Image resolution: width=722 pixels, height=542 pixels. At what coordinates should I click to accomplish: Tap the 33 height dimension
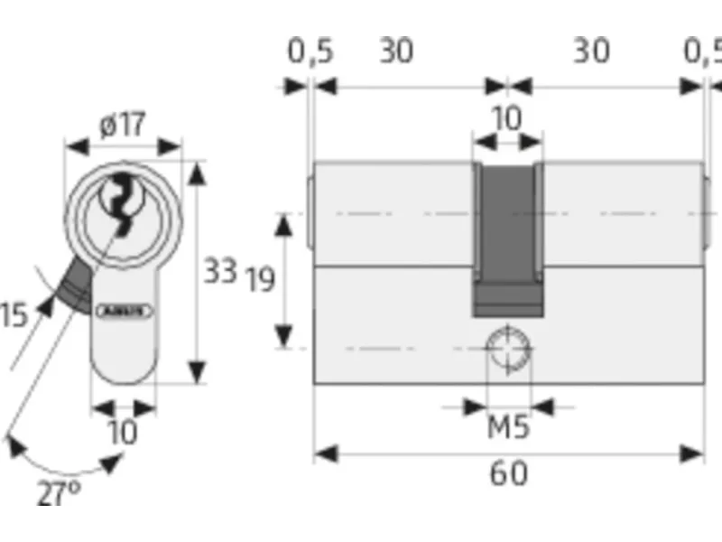pyautogui.click(x=219, y=270)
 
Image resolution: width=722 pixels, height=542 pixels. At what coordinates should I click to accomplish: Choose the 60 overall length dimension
pyautogui.click(x=508, y=472)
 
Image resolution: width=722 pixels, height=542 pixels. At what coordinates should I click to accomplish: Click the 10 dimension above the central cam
pyautogui.click(x=508, y=118)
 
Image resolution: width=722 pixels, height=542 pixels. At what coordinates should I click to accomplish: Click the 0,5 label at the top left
pyautogui.click(x=310, y=51)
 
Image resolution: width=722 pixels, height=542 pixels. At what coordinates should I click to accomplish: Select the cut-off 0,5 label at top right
pyautogui.click(x=703, y=51)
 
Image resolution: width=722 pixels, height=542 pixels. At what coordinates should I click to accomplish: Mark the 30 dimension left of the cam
pyautogui.click(x=395, y=51)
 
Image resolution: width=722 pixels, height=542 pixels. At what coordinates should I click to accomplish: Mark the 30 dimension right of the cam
pyautogui.click(x=591, y=51)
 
